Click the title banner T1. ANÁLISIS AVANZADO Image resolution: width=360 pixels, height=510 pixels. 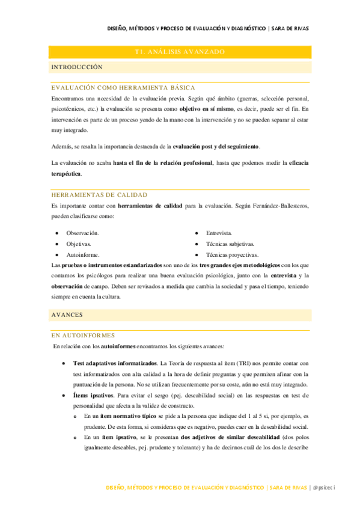[x=180, y=52]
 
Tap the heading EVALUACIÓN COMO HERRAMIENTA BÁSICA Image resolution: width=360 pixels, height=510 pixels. [x=123, y=88]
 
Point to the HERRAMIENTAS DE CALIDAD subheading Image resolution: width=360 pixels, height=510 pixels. [x=99, y=195]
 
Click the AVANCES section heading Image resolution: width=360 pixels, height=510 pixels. [x=67, y=315]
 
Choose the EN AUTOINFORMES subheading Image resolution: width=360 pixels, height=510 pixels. [x=83, y=335]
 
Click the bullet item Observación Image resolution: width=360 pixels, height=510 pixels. [x=83, y=233]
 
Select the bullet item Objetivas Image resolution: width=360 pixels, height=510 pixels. [x=79, y=244]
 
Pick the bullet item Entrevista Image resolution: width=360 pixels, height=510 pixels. [x=219, y=233]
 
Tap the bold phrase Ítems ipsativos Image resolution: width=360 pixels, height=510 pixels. [x=93, y=395]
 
